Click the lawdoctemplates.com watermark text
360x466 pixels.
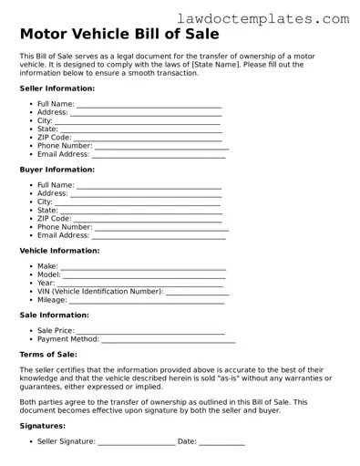(276, 17)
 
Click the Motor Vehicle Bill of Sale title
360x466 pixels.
(118, 35)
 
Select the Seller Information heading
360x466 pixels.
(57, 88)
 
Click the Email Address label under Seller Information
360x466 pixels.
(63, 154)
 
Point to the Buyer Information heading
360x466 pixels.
(57, 170)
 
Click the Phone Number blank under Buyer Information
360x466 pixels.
(161, 227)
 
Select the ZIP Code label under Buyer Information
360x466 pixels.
(54, 219)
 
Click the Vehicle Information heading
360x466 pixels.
(59, 251)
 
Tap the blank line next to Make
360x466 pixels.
(142, 267)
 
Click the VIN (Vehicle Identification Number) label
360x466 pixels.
(100, 292)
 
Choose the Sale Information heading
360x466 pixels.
(54, 316)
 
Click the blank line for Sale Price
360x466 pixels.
(150, 332)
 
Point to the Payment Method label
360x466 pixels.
(68, 340)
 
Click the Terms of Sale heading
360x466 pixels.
(48, 355)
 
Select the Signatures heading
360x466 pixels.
(42, 426)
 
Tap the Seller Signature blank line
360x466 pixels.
(137, 442)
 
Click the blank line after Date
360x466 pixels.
(221, 442)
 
